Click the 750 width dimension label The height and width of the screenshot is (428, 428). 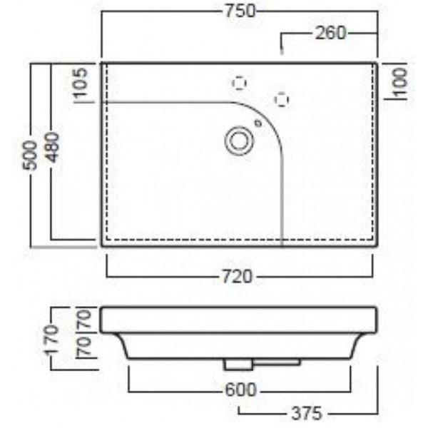point(240,11)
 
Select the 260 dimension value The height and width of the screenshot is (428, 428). point(330,33)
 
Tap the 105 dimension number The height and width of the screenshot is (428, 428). point(81,83)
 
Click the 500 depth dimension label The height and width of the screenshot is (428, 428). point(29,155)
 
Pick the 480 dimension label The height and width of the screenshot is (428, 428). point(52,148)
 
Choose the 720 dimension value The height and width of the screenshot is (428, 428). point(237,277)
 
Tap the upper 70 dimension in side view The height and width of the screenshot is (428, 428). point(84,320)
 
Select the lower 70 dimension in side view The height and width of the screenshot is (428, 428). point(84,346)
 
